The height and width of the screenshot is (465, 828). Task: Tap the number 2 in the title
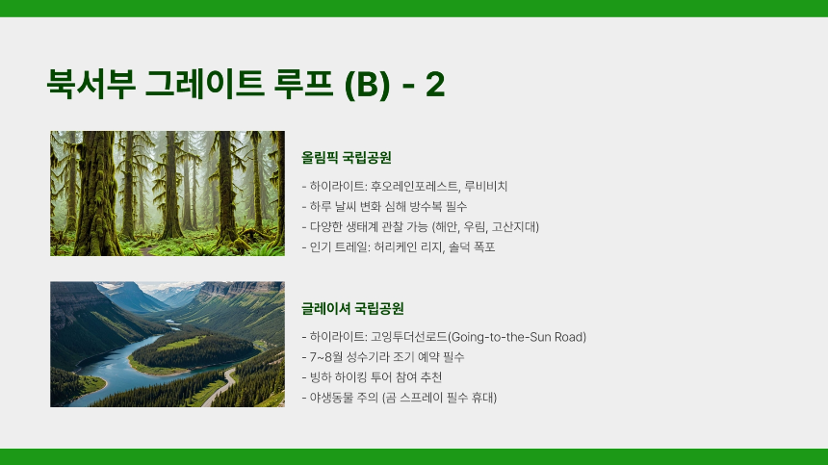pyautogui.click(x=434, y=84)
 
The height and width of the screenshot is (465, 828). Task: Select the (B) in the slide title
pyautogui.click(x=363, y=84)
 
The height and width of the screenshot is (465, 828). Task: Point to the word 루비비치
pyautogui.click(x=485, y=185)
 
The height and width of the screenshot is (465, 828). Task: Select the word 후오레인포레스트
pyautogui.click(x=411, y=185)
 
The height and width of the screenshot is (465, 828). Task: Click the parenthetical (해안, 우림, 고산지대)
pyautogui.click(x=485, y=226)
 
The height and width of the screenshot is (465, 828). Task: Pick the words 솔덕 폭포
pyautogui.click(x=473, y=247)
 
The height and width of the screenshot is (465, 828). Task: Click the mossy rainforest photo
pyautogui.click(x=168, y=193)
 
